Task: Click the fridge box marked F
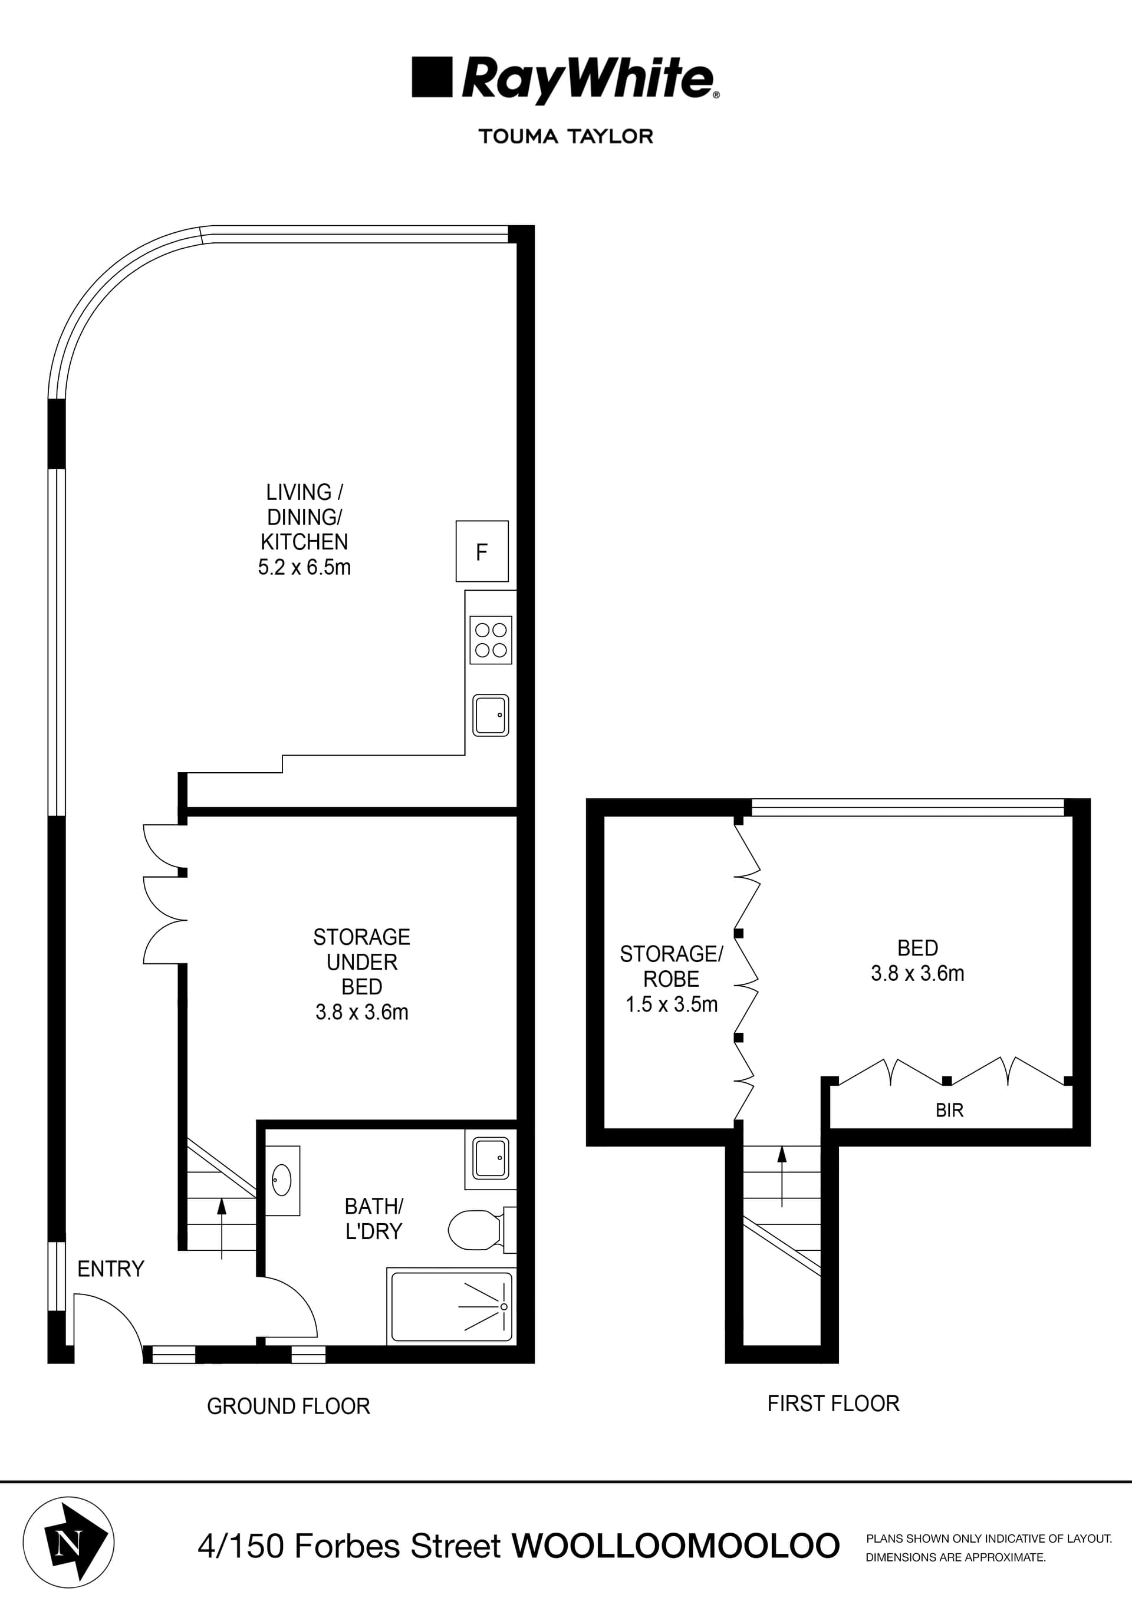click(x=482, y=551)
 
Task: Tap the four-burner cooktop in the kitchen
click(x=491, y=640)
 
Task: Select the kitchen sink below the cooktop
click(x=491, y=714)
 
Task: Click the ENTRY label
click(x=110, y=1269)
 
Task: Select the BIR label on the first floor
click(x=949, y=1110)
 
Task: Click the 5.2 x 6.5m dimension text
click(x=304, y=568)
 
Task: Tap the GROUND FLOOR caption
click(x=288, y=1406)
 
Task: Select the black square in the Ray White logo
click(x=432, y=77)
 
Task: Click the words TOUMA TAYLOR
click(x=565, y=137)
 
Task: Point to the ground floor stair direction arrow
click(x=222, y=1227)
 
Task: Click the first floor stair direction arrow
click(x=782, y=1175)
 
